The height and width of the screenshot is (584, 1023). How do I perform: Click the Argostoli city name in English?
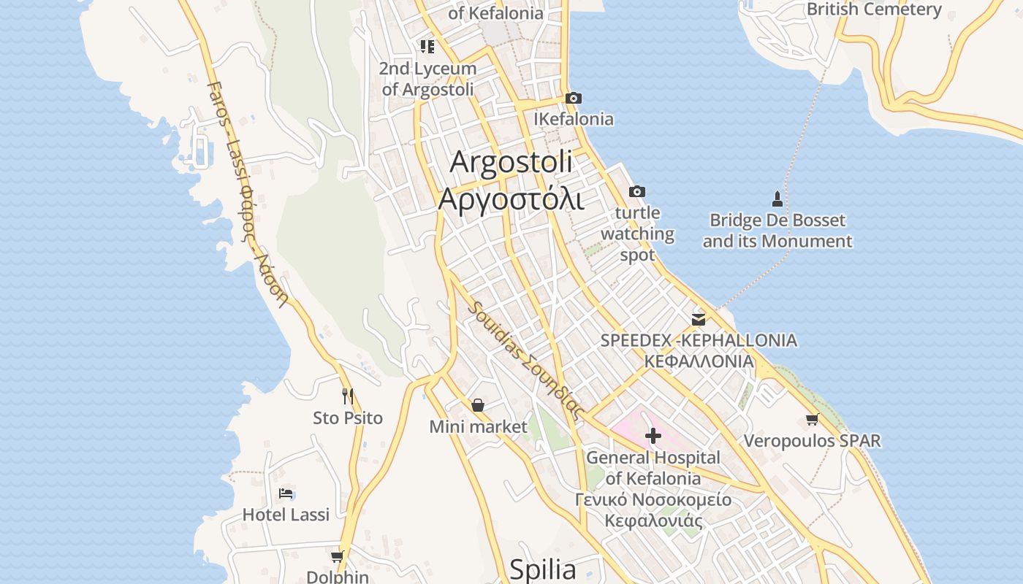(x=511, y=162)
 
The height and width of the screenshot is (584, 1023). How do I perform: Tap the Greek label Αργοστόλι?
(x=511, y=199)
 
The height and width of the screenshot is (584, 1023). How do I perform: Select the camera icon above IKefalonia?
(x=574, y=98)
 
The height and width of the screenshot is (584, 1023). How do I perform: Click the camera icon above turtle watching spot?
(x=637, y=191)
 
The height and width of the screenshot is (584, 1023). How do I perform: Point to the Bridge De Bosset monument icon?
(x=777, y=199)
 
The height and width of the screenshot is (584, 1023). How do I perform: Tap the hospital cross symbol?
(x=653, y=436)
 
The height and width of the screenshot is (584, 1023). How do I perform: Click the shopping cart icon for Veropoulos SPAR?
(x=812, y=419)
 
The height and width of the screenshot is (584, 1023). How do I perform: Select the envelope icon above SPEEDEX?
(x=699, y=319)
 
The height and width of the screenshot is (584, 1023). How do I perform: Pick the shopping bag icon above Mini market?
(x=478, y=404)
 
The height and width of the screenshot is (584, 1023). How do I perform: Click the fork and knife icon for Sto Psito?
(x=348, y=396)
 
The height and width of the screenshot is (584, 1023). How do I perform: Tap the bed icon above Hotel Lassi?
(x=286, y=493)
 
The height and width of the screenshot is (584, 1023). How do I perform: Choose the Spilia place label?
(x=542, y=569)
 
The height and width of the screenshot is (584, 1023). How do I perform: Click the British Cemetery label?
(x=874, y=9)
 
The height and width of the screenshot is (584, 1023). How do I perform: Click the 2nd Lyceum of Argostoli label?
(x=427, y=79)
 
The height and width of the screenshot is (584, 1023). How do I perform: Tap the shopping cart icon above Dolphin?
(x=337, y=556)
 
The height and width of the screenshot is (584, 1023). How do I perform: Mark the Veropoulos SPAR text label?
(x=812, y=441)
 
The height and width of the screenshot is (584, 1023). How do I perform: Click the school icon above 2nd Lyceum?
(x=427, y=47)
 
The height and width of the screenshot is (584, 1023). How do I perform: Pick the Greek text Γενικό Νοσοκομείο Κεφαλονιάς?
(x=653, y=510)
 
